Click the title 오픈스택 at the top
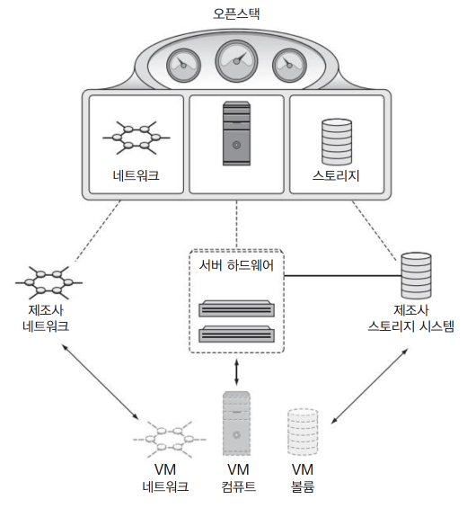pos(236,13)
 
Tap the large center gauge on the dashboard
pos(236,61)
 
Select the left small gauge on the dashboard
pos(183,66)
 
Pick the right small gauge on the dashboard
pos(289,66)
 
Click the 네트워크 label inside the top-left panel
pos(136,175)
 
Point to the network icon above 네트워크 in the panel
pos(137,138)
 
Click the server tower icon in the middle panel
pos(236,133)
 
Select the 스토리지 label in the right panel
pos(336,175)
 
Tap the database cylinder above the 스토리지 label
pos(337,141)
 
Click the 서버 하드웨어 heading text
pos(236,265)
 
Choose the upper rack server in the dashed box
pos(236,308)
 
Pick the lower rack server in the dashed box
pos(236,334)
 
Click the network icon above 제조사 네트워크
pos(48,283)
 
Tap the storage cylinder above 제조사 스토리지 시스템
pos(416,275)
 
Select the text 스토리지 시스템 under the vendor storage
pos(411,325)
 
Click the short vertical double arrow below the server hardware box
pos(236,372)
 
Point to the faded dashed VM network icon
pos(169,440)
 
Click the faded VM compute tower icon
pos(236,423)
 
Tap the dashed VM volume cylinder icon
pos(303,432)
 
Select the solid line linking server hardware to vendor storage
pos(343,276)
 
